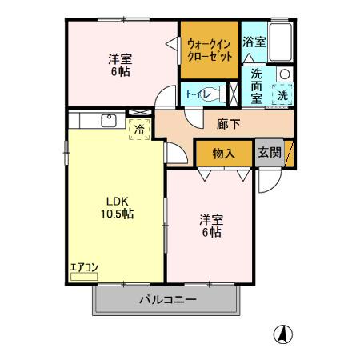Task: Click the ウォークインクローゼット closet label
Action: pyautogui.click(x=210, y=50)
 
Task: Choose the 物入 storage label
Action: pyautogui.click(x=222, y=153)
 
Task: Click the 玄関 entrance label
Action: pyautogui.click(x=270, y=152)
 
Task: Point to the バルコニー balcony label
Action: pyautogui.click(x=168, y=301)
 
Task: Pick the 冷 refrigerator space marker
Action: pyautogui.click(x=139, y=128)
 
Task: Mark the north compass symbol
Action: pyautogui.click(x=283, y=334)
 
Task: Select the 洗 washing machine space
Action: pyautogui.click(x=282, y=95)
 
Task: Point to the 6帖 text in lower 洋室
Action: pyautogui.click(x=211, y=232)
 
